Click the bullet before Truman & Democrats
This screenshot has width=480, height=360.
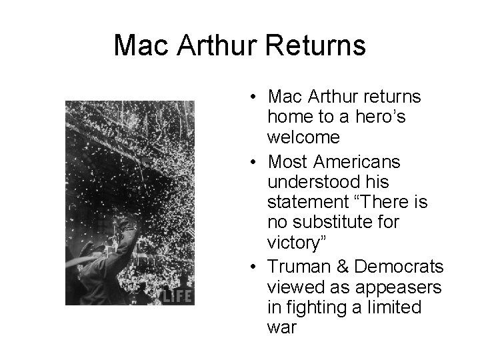pyautogui.click(x=256, y=266)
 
